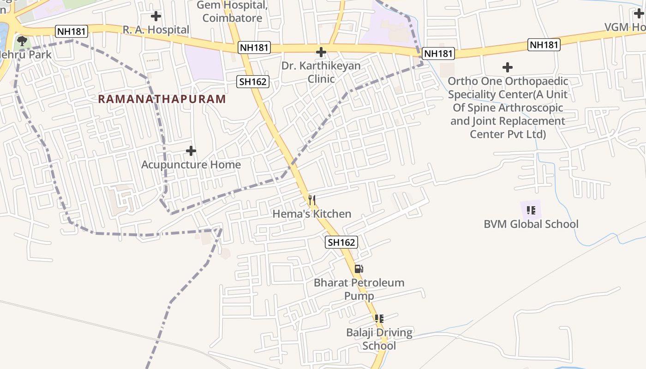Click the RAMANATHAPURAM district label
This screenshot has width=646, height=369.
pyautogui.click(x=162, y=99)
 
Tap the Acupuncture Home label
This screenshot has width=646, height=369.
pyautogui.click(x=191, y=165)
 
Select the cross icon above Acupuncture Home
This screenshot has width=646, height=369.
pyautogui.click(x=191, y=150)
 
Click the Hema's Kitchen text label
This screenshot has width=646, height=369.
pyautogui.click(x=312, y=214)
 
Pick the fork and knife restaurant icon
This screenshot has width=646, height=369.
pyautogui.click(x=312, y=200)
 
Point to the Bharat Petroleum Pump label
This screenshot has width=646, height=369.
pyautogui.click(x=359, y=289)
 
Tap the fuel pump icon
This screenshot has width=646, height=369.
pyautogui.click(x=359, y=269)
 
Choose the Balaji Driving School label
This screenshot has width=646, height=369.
pyautogui.click(x=379, y=339)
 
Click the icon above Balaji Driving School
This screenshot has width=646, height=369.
pyautogui.click(x=379, y=318)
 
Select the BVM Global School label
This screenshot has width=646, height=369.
pyautogui.click(x=531, y=224)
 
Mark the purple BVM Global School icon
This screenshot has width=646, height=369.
pyautogui.click(x=531, y=210)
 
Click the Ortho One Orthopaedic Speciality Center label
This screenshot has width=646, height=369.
pyautogui.click(x=508, y=108)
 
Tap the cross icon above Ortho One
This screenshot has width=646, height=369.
pyautogui.click(x=508, y=67)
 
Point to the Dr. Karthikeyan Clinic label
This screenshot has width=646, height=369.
pyautogui.click(x=321, y=72)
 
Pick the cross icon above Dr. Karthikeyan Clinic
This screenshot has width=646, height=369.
pyautogui.click(x=321, y=52)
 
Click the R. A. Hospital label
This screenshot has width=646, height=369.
pyautogui.click(x=156, y=30)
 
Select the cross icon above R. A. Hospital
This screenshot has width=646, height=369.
pyautogui.click(x=156, y=16)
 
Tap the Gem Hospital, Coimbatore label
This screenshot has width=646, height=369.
pyautogui.click(x=233, y=12)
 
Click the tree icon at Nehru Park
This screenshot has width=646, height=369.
pyautogui.click(x=21, y=41)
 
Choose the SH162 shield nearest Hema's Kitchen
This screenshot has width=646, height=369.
pyautogui.click(x=341, y=242)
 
